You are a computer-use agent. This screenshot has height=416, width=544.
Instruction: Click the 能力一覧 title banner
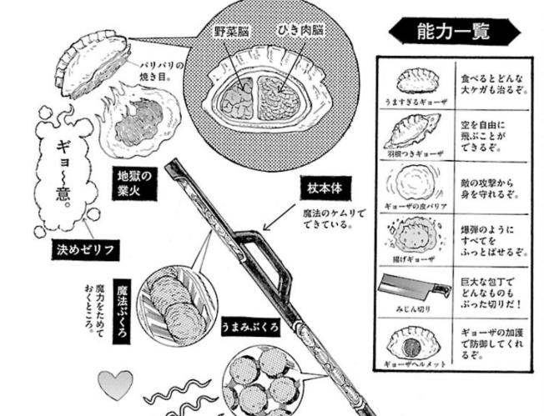coord(452,31)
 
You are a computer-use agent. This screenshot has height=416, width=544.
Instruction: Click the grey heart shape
coord(116,385)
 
